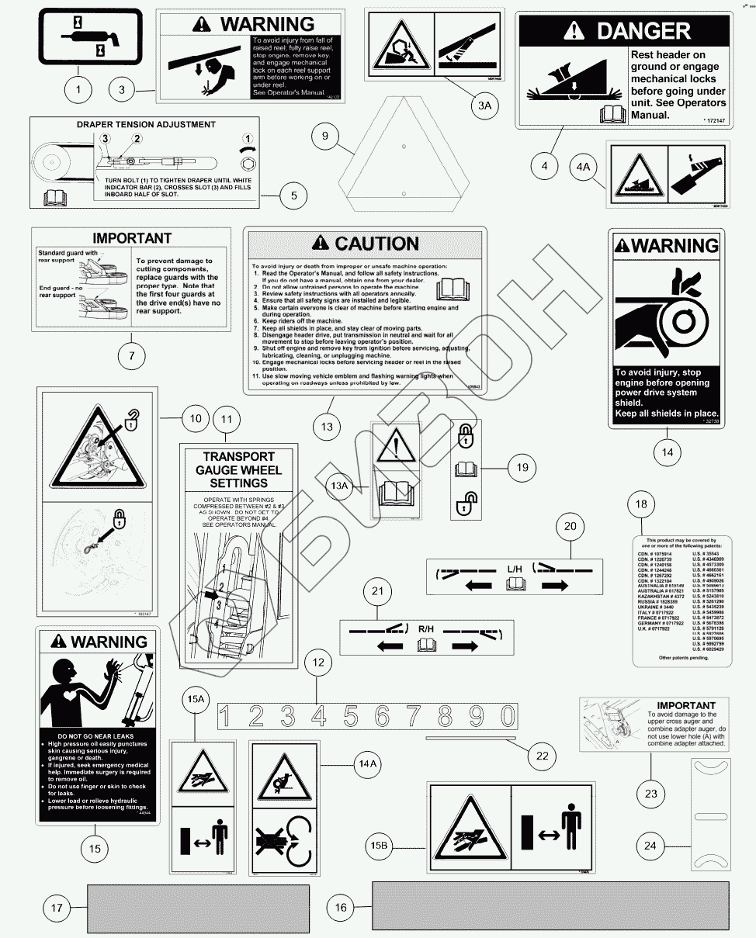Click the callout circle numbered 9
pyautogui.click(x=325, y=137)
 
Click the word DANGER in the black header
pyautogui.click(x=643, y=31)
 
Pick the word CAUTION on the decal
pyautogui.click(x=366, y=244)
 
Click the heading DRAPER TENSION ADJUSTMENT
pyautogui.click(x=146, y=124)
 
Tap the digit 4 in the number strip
pyautogui.click(x=318, y=715)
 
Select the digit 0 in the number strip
pyautogui.click(x=507, y=715)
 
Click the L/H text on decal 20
pyautogui.click(x=515, y=569)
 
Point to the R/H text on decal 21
pyautogui.click(x=426, y=629)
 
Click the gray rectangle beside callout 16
pyautogui.click(x=551, y=905)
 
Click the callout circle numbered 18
pyautogui.click(x=641, y=504)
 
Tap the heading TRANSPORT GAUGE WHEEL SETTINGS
pyautogui.click(x=238, y=469)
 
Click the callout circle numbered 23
pyautogui.click(x=650, y=794)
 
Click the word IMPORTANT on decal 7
pyautogui.click(x=131, y=237)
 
